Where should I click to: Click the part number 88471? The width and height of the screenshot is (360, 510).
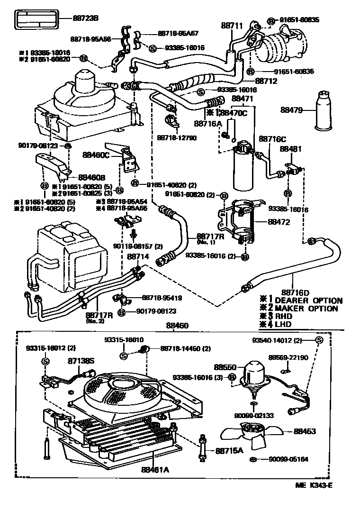pyautogui.click(x=243, y=99)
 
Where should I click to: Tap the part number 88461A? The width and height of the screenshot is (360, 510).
pyautogui.click(x=155, y=470)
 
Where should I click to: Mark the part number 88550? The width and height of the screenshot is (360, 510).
pyautogui.click(x=223, y=367)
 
